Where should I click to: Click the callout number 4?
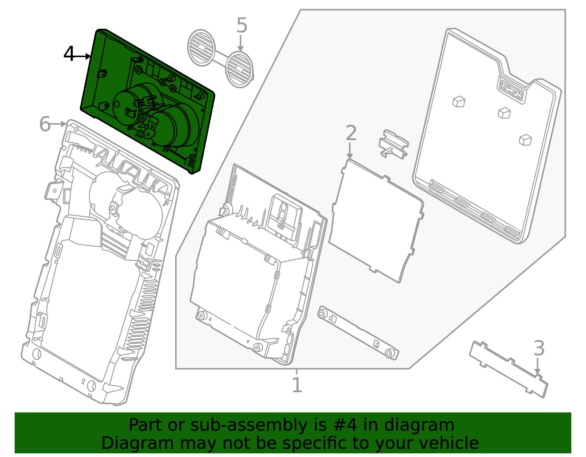(x=69, y=53)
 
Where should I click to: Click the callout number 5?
(x=242, y=25)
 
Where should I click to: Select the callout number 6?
(x=45, y=124)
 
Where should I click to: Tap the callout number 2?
(x=351, y=133)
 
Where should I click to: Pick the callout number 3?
(x=539, y=348)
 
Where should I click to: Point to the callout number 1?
(x=297, y=385)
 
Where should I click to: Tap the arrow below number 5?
(x=240, y=43)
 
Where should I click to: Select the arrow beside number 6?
(x=58, y=124)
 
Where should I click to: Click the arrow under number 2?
(x=349, y=151)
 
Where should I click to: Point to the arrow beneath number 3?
(x=537, y=366)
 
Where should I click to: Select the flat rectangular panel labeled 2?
(x=376, y=221)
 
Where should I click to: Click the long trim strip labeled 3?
(x=509, y=369)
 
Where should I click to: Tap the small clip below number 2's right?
(x=393, y=144)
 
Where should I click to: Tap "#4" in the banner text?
(x=345, y=425)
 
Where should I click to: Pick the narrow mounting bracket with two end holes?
(x=358, y=333)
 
